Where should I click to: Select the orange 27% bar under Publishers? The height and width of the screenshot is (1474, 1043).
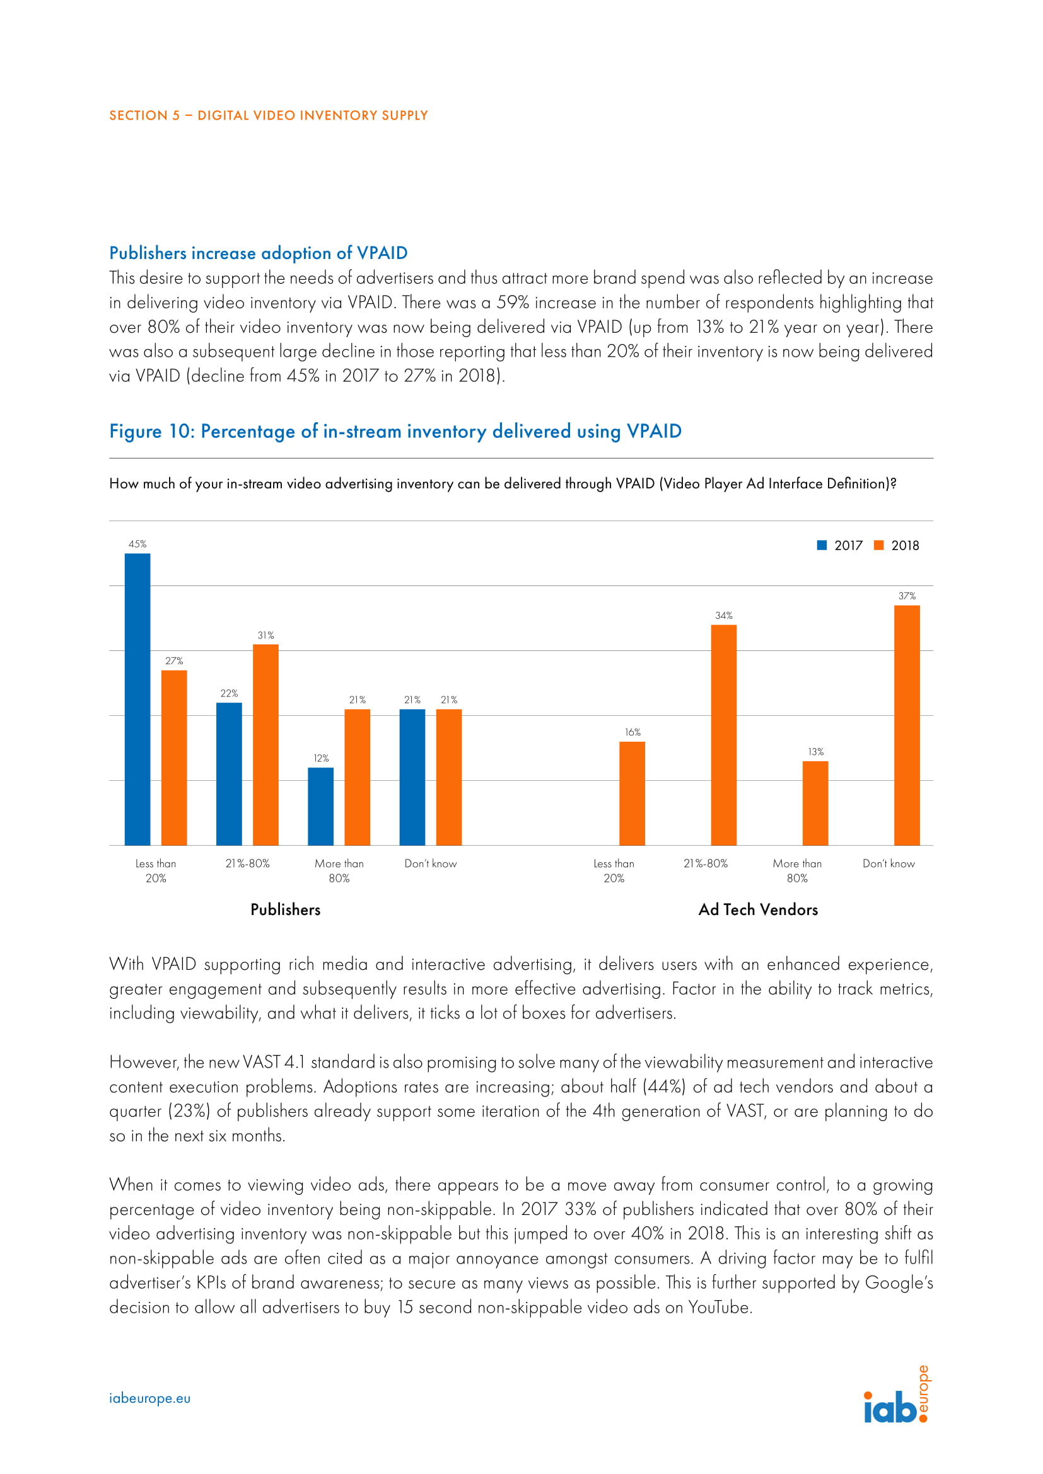point(174,757)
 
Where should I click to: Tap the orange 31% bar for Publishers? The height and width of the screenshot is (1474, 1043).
point(266,745)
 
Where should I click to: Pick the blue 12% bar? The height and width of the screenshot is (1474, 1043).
point(320,806)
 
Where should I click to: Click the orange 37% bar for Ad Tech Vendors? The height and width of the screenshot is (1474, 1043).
point(906,725)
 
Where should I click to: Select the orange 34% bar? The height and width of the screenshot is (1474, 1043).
point(723,734)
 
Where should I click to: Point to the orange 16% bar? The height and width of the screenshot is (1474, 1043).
point(632,793)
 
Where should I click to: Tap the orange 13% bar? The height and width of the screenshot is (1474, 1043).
point(815,802)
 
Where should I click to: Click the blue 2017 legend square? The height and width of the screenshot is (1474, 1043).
point(822,545)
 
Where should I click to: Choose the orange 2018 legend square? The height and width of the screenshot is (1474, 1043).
point(878,545)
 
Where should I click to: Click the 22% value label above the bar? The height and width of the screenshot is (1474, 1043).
point(230,693)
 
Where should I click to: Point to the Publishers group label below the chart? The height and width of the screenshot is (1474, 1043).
point(285,910)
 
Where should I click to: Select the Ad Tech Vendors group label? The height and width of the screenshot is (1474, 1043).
point(758,910)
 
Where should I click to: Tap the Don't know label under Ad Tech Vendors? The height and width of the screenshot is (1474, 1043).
point(889,863)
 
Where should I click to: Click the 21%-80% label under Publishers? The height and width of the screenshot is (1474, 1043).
point(247,863)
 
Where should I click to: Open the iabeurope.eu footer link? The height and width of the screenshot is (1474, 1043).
point(149,1398)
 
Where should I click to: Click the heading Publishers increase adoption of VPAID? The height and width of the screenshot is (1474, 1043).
point(258,253)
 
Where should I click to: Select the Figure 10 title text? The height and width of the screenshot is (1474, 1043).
point(395,431)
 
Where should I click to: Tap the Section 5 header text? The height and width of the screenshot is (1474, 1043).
point(268,115)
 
